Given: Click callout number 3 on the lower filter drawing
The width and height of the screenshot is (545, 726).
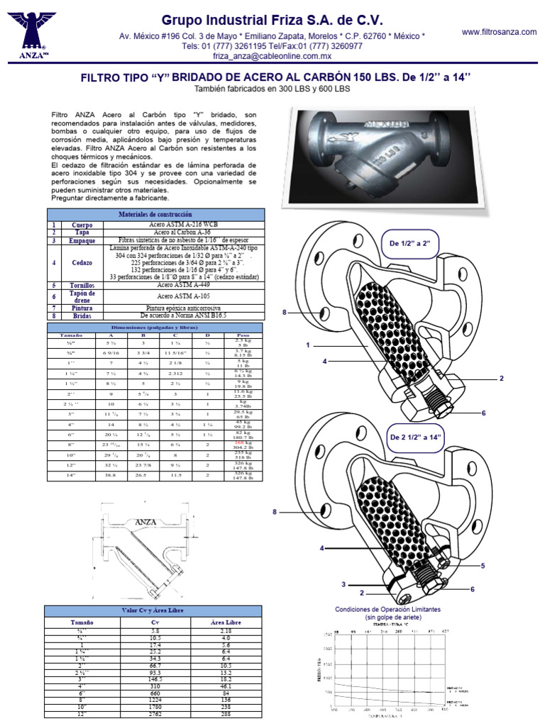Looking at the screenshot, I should [x=343, y=583].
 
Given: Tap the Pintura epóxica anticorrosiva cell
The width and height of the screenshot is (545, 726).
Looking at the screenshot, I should [x=183, y=308].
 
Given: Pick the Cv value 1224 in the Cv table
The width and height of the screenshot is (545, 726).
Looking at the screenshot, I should [x=155, y=700].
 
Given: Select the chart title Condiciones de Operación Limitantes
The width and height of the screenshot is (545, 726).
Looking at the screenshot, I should [x=387, y=609].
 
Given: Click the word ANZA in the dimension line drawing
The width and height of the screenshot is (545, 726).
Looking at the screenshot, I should [x=145, y=522].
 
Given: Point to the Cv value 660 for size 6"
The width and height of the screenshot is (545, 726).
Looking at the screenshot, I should [x=155, y=693].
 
